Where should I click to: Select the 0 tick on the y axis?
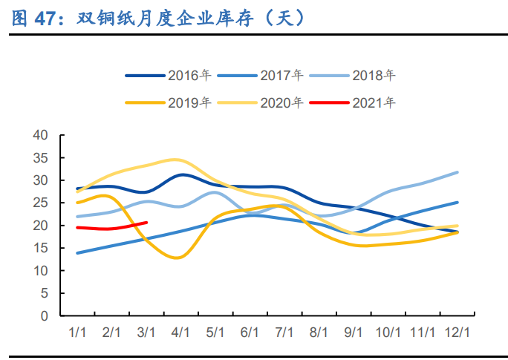click(x=44, y=316)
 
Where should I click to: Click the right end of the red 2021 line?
click(x=146, y=223)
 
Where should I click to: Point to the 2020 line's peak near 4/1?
click(x=175, y=160)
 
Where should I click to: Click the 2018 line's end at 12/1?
click(x=457, y=172)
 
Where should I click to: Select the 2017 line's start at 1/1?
click(x=77, y=253)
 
